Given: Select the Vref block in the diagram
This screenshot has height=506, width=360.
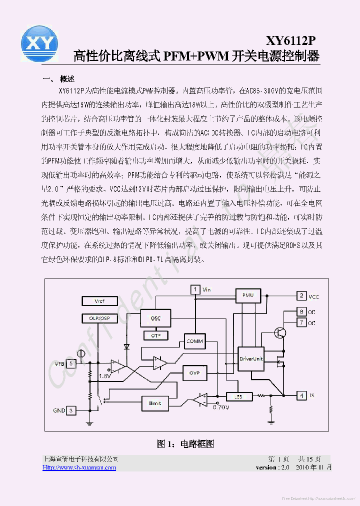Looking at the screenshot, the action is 99,301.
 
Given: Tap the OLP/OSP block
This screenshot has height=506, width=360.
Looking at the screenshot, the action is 99,318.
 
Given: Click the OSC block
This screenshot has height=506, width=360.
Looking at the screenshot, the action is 156,318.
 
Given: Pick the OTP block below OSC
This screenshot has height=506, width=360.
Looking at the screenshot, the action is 155,335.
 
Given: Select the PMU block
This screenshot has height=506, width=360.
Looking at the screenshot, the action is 248,295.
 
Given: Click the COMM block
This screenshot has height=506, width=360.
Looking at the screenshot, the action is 194,341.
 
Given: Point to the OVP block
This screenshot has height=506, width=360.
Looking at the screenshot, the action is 194,373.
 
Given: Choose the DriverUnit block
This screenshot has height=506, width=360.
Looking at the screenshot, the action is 250,359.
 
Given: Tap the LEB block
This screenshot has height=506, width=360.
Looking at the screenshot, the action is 238,396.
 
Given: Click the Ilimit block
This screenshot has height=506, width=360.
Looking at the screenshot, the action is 155,403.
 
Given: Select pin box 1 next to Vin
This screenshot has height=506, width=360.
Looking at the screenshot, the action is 194,289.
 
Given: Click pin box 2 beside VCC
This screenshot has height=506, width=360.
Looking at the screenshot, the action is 301,296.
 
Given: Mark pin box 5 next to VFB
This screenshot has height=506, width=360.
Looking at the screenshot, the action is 72,363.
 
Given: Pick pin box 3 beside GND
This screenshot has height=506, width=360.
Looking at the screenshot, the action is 72,410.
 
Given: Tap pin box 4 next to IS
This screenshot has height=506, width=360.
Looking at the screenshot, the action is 301,395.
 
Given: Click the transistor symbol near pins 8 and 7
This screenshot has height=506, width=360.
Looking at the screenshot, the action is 280,333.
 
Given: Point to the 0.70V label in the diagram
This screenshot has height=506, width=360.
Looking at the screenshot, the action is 220,407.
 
